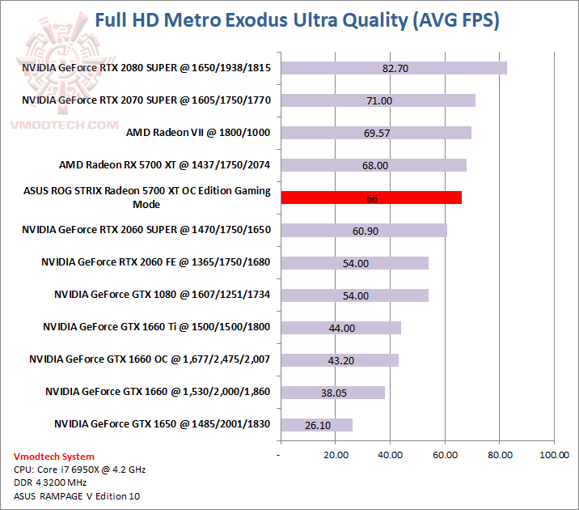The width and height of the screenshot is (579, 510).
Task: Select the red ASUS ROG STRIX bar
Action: tap(370, 198)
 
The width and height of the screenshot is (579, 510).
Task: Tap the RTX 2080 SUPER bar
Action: tap(393, 68)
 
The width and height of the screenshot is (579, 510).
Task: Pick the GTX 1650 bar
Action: tap(316, 424)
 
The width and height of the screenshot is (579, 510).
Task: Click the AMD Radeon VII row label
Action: tap(198, 132)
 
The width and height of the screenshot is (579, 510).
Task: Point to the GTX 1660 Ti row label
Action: tap(157, 327)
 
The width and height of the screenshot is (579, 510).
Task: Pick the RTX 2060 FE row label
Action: tap(156, 261)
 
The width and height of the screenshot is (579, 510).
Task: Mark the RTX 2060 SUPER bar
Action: tap(363, 230)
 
